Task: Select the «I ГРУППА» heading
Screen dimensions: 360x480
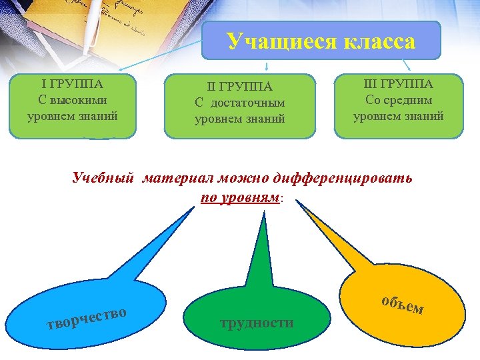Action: click(72, 85)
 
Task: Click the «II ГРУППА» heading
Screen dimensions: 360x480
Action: click(240, 87)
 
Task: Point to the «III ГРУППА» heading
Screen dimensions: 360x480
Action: click(399, 84)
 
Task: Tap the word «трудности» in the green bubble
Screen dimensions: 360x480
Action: click(257, 323)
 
